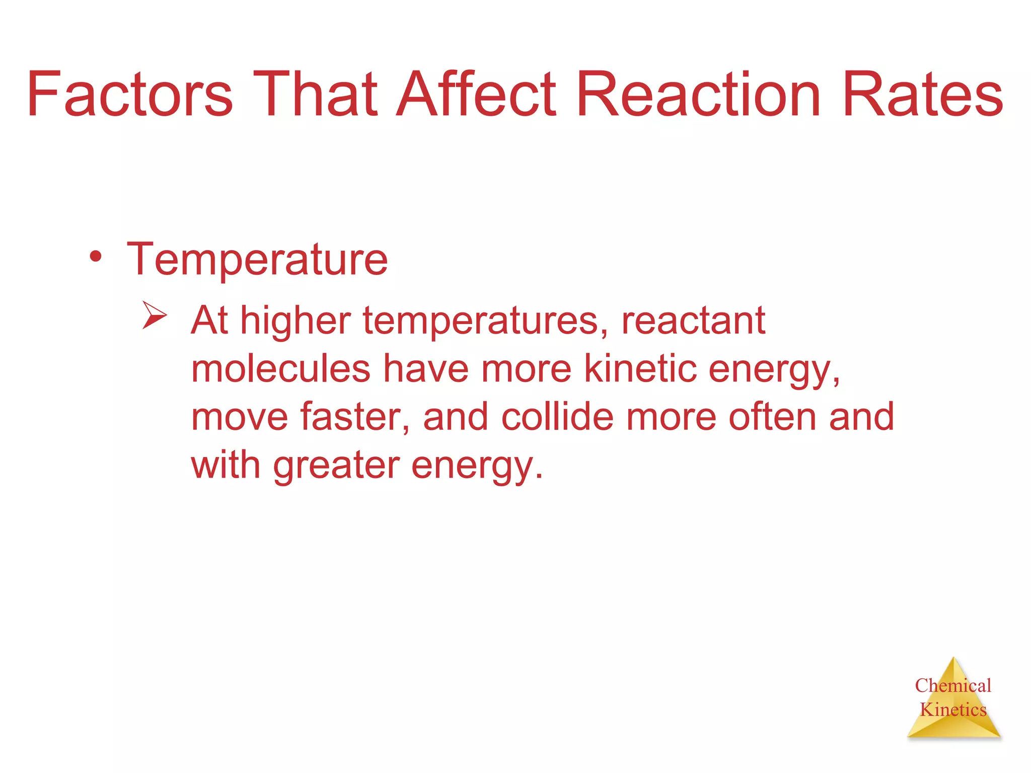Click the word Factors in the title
130,95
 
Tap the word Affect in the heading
476,95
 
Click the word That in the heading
315,95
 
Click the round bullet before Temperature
96,258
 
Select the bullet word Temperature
257,260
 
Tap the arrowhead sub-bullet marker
154,315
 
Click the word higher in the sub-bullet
296,321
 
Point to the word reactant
693,321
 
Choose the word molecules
281,368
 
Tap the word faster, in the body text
355,417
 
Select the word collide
557,417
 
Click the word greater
336,466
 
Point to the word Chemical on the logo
953,685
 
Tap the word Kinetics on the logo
953,710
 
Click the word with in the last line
226,465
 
